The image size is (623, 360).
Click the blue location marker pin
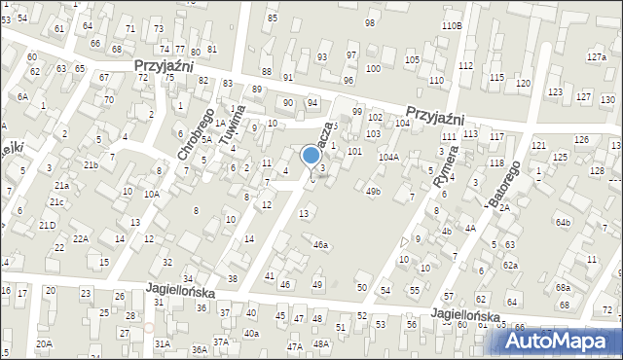point(311,156)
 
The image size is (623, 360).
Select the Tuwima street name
point(231,120)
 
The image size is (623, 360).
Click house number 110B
point(452,25)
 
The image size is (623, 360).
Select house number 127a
point(596,57)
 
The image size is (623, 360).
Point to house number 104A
point(388,157)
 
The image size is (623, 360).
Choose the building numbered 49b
point(373,192)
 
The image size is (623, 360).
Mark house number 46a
point(320,245)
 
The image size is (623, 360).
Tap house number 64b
point(563,222)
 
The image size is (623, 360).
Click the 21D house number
point(47,226)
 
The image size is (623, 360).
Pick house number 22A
point(81,238)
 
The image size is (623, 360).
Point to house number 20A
point(44,343)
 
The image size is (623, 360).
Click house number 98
point(370,22)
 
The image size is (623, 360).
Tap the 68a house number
point(563,288)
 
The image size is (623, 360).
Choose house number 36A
point(199,349)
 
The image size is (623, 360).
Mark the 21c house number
point(57,201)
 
